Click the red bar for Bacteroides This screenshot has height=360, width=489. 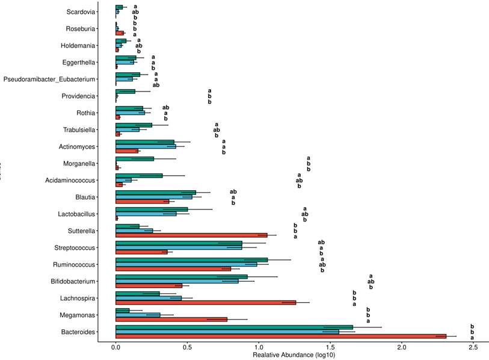(x=280, y=336)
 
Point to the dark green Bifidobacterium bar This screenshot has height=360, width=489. (x=181, y=276)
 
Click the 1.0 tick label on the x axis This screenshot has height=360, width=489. (x=259, y=347)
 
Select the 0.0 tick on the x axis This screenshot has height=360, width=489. (x=116, y=347)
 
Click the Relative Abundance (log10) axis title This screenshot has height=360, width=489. (x=294, y=355)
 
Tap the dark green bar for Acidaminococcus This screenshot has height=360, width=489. (x=139, y=176)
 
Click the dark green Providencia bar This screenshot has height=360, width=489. (x=125, y=92)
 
